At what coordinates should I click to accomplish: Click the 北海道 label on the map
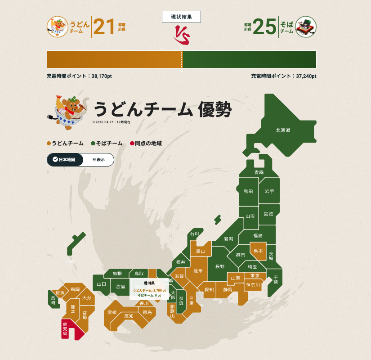click(x=283, y=130)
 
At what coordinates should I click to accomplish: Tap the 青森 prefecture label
click(x=259, y=172)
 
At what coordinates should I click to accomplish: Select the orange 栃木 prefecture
click(x=258, y=251)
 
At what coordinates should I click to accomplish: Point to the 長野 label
click(x=219, y=266)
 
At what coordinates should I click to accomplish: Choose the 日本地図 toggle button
click(x=65, y=159)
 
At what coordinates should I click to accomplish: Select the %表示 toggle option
click(x=98, y=159)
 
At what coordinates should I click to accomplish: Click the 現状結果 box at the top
click(x=181, y=17)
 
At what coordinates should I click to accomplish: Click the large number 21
click(x=104, y=27)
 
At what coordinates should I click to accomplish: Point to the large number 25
click(x=264, y=27)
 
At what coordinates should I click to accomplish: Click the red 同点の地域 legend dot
click(x=132, y=144)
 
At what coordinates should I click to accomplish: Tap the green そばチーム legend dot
click(x=93, y=144)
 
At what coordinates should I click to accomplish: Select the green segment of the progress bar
click(x=250, y=59)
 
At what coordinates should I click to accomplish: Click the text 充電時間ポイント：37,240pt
click(x=283, y=76)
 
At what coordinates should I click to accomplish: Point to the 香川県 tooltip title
click(x=149, y=283)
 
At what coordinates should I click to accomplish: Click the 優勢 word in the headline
click(x=215, y=109)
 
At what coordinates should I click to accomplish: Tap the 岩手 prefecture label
click(x=269, y=191)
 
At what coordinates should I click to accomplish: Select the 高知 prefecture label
click(x=129, y=316)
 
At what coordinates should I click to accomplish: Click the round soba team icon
click(x=306, y=27)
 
